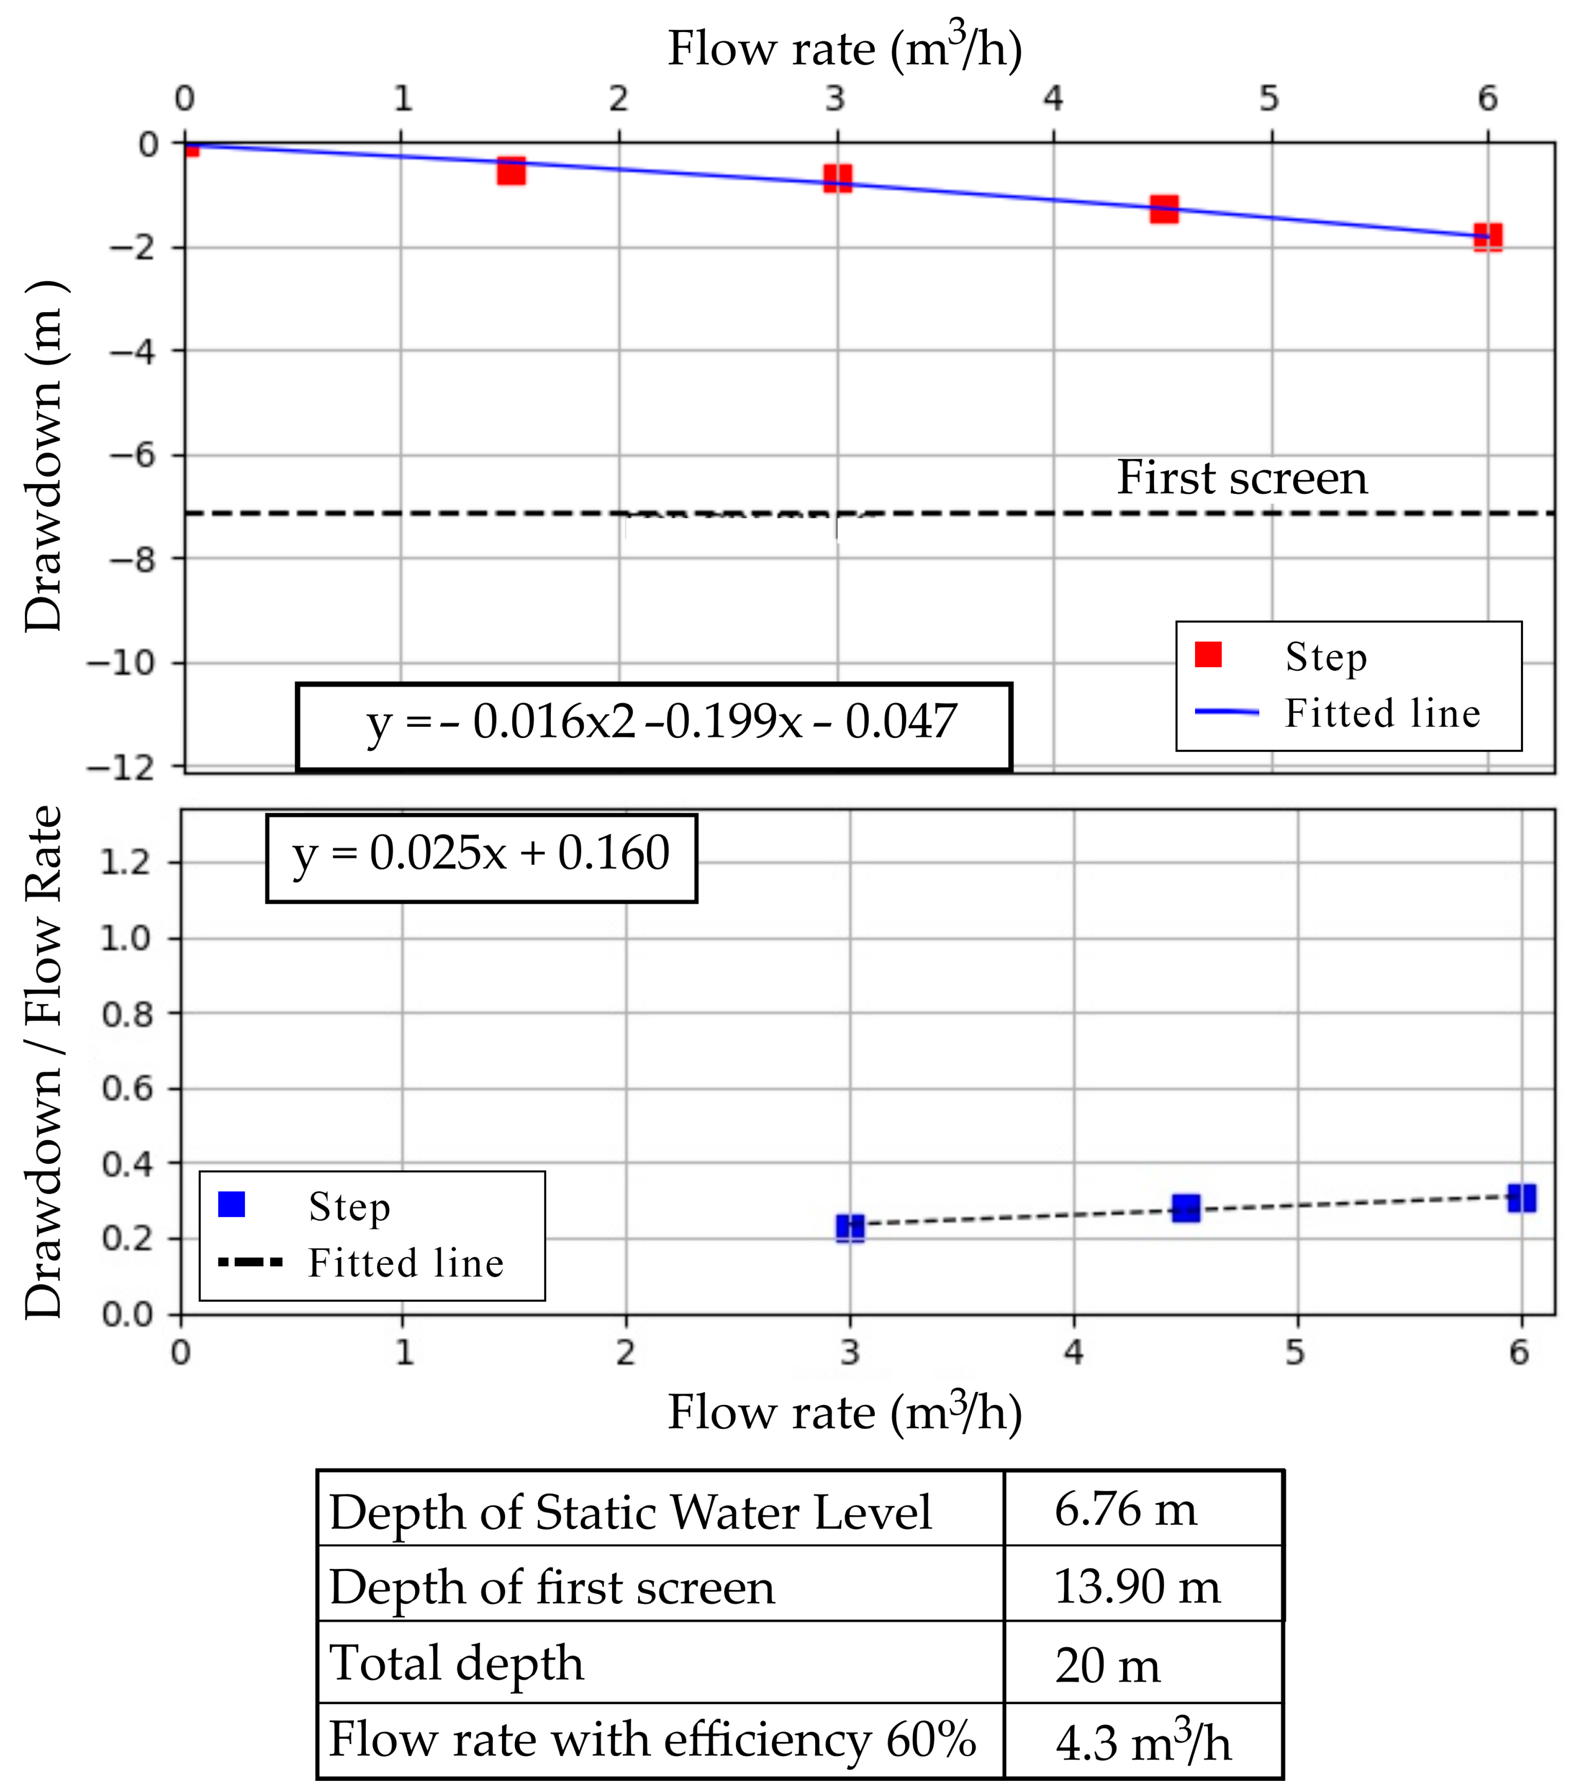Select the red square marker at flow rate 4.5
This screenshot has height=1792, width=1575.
coord(1164,209)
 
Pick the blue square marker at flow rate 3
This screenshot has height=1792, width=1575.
coord(850,1228)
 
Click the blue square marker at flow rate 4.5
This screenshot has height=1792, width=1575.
coord(1186,1208)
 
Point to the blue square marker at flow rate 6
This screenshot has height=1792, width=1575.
coord(1521,1198)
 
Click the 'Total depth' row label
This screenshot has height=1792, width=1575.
coord(456,1663)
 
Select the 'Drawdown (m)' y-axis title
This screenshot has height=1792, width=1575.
coord(44,456)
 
